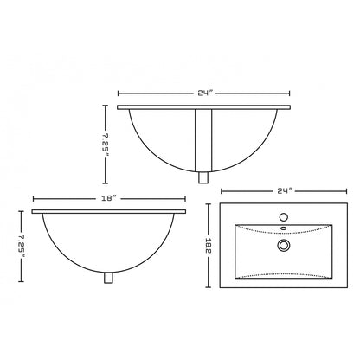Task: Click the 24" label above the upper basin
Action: [204, 93]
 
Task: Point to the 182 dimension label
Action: [210, 247]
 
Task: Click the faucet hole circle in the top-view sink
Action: [282, 217]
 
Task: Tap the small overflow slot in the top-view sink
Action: [282, 229]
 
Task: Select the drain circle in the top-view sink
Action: [282, 246]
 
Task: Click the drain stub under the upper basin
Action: [204, 178]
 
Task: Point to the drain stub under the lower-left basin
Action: [109, 278]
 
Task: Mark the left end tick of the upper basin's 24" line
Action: [119, 93]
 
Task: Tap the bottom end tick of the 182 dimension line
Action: [210, 288]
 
